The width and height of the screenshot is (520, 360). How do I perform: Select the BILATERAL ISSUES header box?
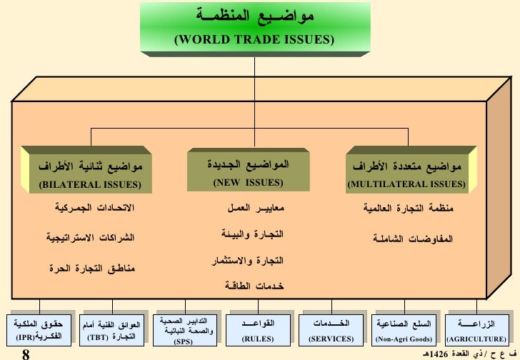90,174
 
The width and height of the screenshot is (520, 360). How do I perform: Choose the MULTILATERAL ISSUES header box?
406,174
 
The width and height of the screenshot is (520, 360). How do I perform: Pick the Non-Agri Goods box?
404,331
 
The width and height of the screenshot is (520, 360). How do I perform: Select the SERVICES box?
331,331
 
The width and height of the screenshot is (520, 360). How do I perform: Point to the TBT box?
111,331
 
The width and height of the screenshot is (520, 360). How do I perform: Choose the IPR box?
38,331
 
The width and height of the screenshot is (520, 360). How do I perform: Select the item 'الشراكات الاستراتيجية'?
89,237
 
